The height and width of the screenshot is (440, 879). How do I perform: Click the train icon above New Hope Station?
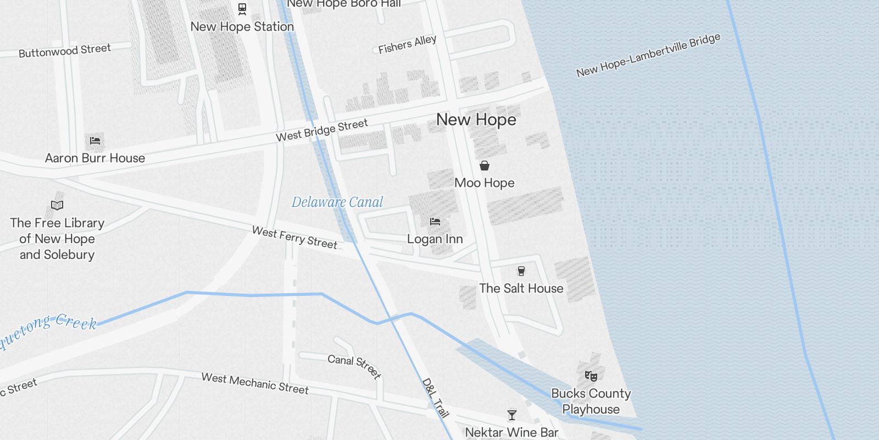pos(242,9)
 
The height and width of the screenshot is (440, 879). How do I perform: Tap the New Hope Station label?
pos(242,26)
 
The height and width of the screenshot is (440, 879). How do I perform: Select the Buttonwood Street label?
pos(65,51)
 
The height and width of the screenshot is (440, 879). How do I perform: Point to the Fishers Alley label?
pos(407,45)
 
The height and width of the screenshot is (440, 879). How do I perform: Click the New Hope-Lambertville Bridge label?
pos(648,55)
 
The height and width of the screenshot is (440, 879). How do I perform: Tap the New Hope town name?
pos(476,120)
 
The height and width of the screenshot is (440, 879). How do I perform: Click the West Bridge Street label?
pos(321,130)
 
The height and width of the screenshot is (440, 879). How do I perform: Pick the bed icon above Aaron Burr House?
pos(95,140)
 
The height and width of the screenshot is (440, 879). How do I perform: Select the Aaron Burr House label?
pos(95,158)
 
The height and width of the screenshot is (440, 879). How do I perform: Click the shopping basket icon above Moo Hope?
pos(484,166)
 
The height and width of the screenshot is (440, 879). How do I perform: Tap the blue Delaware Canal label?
pos(337,202)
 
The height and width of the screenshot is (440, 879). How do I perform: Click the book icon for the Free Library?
pos(57,205)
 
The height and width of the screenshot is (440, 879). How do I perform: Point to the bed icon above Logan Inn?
pos(435,222)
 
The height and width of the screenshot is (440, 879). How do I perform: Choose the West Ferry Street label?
pos(294,238)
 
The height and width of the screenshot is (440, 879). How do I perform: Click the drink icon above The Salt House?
pos(521,271)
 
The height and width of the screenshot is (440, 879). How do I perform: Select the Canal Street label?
pos(354,366)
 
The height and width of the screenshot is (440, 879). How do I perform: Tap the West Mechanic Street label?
pos(255,383)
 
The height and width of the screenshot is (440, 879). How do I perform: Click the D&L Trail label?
pos(436,398)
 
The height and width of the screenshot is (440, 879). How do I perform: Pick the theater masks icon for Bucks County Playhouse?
pos(591,376)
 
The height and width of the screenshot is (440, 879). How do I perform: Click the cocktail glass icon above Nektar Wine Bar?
pos(512,415)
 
